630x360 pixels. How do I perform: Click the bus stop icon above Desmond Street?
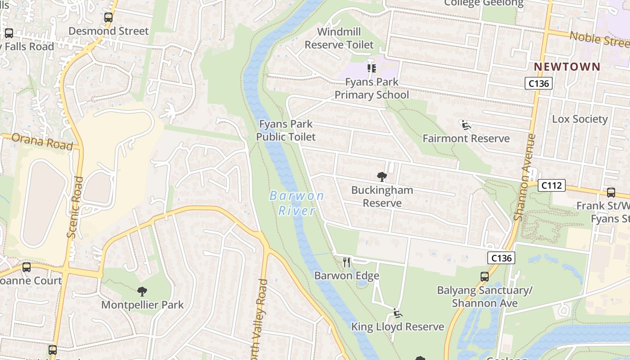click(108, 18)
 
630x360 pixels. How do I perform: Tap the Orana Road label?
click(42, 141)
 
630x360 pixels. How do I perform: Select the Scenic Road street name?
click(75, 207)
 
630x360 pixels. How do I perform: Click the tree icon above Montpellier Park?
click(142, 292)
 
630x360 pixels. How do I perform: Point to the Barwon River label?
click(297, 203)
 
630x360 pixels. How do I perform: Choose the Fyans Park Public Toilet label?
click(286, 130)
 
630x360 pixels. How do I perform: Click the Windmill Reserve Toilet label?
click(339, 38)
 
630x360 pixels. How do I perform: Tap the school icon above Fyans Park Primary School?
click(371, 68)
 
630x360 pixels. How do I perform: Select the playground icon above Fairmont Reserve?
click(466, 125)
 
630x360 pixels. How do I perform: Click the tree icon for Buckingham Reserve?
click(382, 176)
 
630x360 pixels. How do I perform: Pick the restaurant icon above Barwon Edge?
click(346, 262)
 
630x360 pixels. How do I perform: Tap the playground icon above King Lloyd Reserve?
click(397, 313)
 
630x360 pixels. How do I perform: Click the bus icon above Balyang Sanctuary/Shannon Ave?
click(485, 277)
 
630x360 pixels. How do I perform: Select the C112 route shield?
click(551, 185)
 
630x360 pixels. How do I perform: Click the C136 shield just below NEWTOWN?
click(538, 83)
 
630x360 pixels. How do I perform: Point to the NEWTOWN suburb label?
click(567, 67)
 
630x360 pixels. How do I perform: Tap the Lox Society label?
click(580, 119)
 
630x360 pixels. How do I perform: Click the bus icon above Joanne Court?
click(27, 267)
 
